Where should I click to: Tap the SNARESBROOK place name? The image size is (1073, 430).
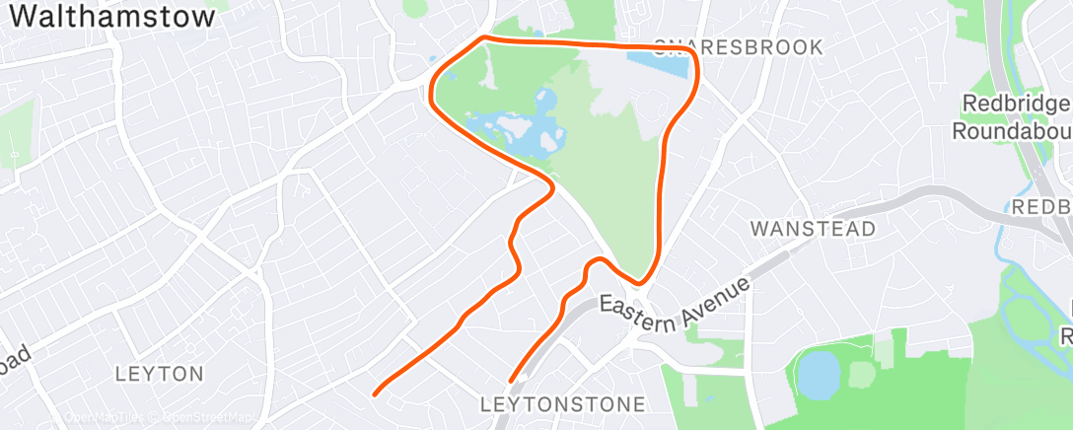[738, 46]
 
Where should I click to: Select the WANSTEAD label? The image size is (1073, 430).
[813, 229]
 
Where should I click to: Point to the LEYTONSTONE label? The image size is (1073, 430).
[562, 404]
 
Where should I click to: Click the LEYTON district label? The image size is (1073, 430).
[159, 374]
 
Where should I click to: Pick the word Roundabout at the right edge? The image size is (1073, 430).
[1012, 131]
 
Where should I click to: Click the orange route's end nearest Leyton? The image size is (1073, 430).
[374, 394]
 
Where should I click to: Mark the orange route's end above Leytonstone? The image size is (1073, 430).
[510, 381]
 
